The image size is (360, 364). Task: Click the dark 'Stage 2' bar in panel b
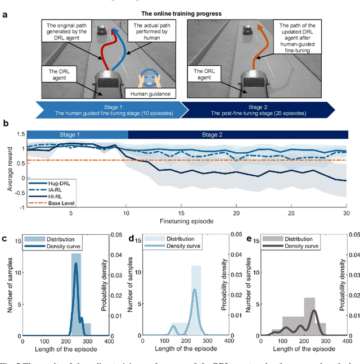tap(238, 135)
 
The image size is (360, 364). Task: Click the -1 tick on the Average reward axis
tap(19, 207)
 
